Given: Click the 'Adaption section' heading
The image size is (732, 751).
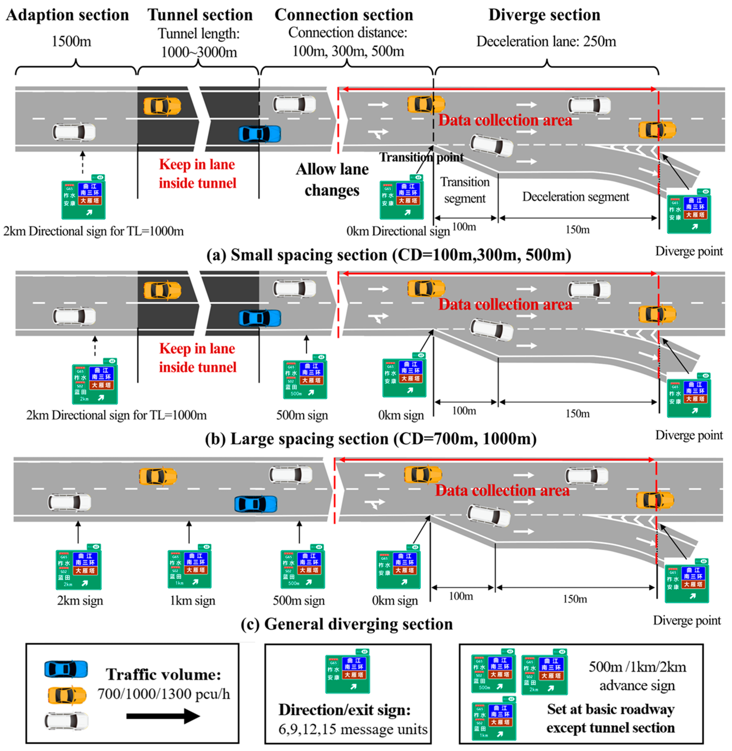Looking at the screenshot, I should click(68, 15).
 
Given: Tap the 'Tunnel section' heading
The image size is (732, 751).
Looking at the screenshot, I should click(200, 15).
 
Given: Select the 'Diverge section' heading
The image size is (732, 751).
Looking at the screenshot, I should click(544, 15).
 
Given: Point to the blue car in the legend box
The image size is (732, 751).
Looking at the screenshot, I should click(66, 669).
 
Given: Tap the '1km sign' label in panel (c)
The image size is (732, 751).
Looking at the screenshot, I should click(193, 601).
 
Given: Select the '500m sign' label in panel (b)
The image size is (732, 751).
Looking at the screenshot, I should click(302, 415).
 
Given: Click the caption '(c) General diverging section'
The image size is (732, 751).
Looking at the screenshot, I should click(347, 624).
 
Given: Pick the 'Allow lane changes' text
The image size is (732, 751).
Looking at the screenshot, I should click(332, 179).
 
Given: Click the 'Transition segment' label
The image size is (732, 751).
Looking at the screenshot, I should click(465, 190).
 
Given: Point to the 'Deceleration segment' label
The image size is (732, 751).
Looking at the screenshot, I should click(575, 197).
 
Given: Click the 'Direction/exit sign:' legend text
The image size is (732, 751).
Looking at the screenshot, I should click(345, 710).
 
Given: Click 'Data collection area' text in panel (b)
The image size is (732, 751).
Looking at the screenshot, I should click(505, 305).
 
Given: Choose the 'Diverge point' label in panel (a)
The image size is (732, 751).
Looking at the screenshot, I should click(689, 251).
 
